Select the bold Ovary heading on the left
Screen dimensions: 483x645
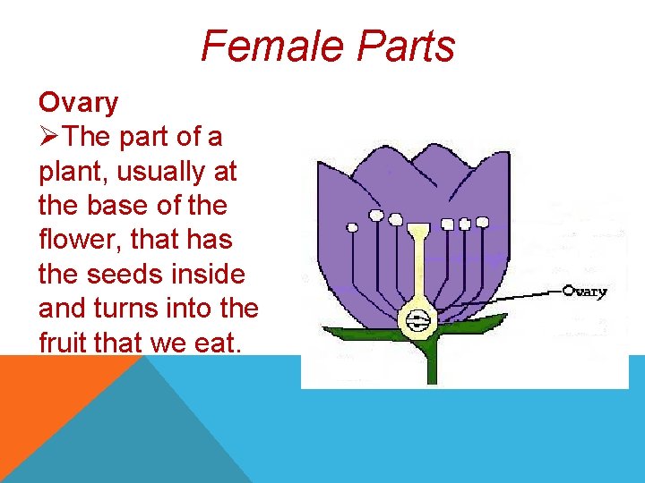point(78,103)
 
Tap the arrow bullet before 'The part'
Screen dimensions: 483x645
point(50,138)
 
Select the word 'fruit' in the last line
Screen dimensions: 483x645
point(65,343)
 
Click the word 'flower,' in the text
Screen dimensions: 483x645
point(75,241)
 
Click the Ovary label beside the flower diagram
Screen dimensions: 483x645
point(586,291)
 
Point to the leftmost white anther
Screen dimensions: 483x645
point(352,227)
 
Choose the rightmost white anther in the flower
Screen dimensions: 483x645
point(482,222)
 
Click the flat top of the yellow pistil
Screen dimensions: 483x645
point(417,230)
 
